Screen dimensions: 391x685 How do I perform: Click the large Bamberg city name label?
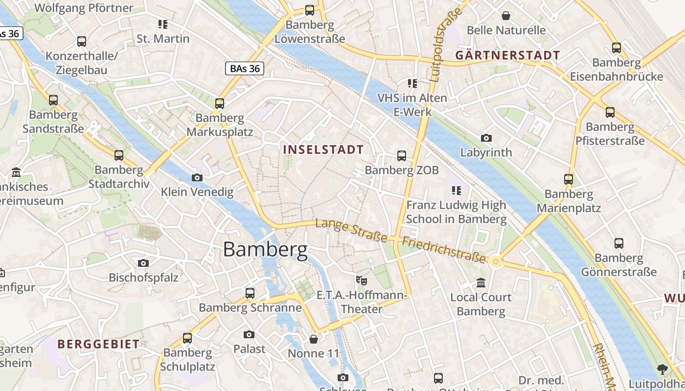265,250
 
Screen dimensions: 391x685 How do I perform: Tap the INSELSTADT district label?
324,150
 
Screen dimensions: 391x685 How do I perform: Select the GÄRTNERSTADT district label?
507,55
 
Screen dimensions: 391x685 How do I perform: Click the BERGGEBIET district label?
98,344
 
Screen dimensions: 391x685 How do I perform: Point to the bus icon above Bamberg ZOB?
401,156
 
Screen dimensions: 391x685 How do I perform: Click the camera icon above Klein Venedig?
197,177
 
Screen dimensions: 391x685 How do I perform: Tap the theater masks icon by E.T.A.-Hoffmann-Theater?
362,281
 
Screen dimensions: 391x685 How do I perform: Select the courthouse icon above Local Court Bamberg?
480,283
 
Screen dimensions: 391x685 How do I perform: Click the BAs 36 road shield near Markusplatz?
245,68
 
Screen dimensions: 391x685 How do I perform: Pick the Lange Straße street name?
351,231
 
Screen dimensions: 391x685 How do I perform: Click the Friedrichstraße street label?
444,250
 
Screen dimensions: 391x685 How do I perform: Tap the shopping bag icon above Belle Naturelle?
506,16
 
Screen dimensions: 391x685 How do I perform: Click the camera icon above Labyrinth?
486,138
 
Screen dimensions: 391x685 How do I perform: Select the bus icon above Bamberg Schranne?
250,293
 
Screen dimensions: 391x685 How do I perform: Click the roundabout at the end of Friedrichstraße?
496,262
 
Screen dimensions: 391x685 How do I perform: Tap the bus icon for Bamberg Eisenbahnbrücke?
616,48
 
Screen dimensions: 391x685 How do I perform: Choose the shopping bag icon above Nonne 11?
314,339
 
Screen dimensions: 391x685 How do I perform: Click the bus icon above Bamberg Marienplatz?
568,179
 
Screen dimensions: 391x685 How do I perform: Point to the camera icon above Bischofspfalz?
143,263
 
